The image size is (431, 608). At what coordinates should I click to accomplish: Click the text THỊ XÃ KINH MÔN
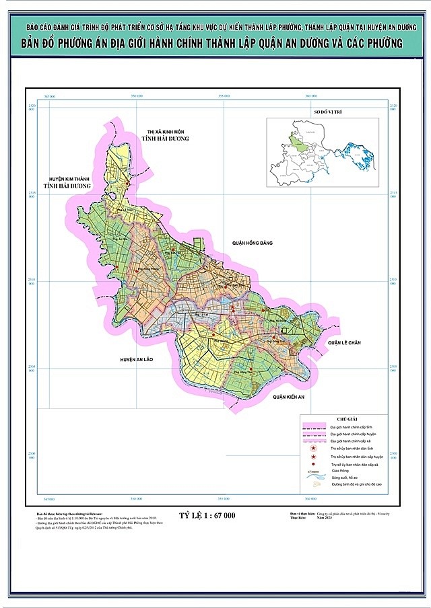point(170,130)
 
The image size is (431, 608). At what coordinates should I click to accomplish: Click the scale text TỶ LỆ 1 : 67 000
point(207,515)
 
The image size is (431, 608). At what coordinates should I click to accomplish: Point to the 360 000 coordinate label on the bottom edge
point(311,499)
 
